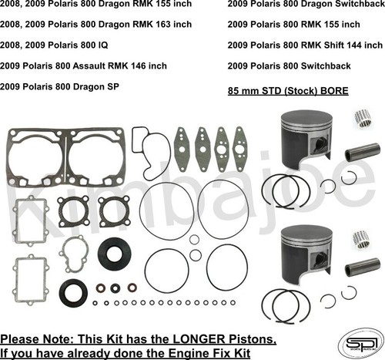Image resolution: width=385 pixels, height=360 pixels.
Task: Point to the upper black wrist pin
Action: click(362, 151)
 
